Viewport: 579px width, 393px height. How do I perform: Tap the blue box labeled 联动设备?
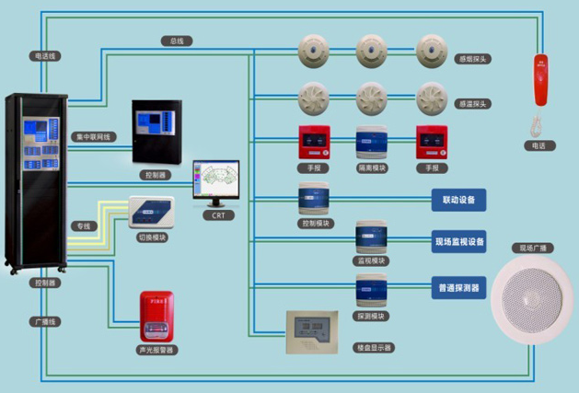[457, 200]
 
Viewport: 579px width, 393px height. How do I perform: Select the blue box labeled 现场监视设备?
[458, 243]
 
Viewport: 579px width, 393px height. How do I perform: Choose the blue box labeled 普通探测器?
[458, 288]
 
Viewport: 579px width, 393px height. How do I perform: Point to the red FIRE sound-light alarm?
[155, 318]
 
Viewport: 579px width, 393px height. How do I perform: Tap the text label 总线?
[175, 41]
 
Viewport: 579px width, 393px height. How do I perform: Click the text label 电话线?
[45, 56]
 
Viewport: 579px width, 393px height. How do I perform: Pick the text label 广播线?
[44, 321]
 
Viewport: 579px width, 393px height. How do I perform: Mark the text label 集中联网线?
[92, 137]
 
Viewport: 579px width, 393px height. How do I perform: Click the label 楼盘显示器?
[373, 348]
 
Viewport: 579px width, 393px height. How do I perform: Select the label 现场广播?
[534, 249]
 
